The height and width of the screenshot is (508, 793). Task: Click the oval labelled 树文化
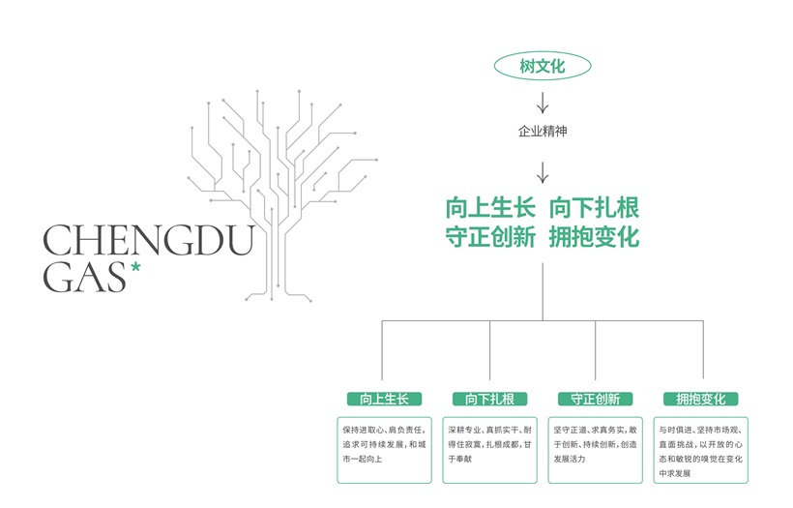542,66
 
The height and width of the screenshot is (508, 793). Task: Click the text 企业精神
542,131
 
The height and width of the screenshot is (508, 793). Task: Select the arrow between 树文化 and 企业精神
542,100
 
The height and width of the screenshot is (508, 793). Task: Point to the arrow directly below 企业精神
542,171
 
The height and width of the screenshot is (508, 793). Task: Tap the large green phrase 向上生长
489,209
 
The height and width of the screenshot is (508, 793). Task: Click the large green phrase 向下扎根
595,209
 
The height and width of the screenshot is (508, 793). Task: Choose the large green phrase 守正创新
489,237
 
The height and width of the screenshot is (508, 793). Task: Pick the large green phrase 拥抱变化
595,237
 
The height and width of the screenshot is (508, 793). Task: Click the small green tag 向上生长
384,399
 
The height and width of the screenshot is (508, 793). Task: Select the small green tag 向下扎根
489,399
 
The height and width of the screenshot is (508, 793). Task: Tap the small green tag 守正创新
595,399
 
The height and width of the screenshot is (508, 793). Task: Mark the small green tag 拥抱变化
700,399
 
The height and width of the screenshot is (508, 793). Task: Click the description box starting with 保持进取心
384,448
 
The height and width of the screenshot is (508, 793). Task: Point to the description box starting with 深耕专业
489,448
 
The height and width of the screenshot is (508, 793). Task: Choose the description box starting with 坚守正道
595,448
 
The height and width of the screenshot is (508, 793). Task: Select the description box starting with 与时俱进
700,448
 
